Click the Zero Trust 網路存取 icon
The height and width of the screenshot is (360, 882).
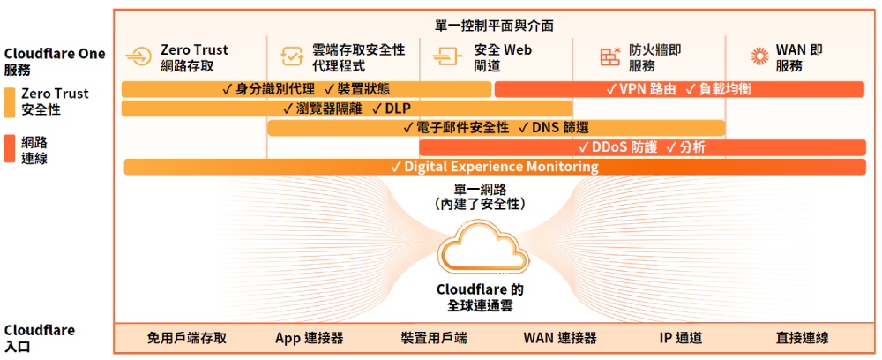pyautogui.click(x=138, y=57)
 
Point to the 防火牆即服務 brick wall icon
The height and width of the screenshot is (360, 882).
pyautogui.click(x=609, y=56)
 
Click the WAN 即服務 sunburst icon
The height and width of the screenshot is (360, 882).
pyautogui.click(x=760, y=57)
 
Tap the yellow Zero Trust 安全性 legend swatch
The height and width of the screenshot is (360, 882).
pyautogui.click(x=9, y=101)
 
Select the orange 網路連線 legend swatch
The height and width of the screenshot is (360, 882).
pyautogui.click(x=9, y=149)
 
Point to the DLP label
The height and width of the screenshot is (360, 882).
pyautogui.click(x=398, y=109)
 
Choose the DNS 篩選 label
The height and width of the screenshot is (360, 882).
pyautogui.click(x=560, y=128)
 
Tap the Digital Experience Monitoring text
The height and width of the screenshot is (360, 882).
pyautogui.click(x=501, y=167)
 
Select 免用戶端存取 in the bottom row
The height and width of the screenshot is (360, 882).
pyautogui.click(x=186, y=338)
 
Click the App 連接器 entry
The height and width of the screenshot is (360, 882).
pyautogui.click(x=309, y=338)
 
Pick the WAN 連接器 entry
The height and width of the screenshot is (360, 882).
pyautogui.click(x=560, y=338)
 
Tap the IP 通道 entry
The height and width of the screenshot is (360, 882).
pyautogui.click(x=681, y=338)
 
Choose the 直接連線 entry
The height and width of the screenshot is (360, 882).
pyautogui.click(x=802, y=338)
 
